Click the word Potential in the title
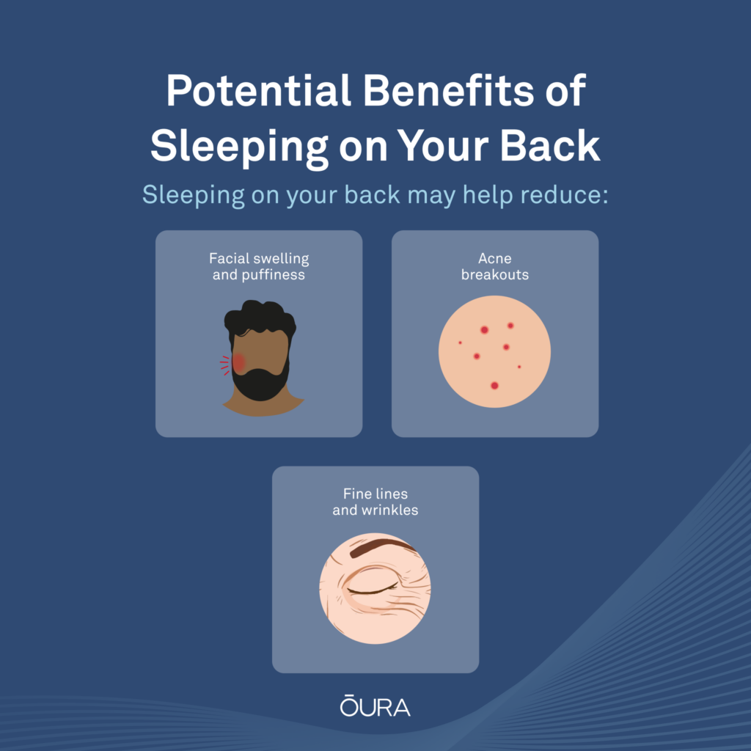point(259,90)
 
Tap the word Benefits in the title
point(449,90)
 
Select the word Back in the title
point(550,146)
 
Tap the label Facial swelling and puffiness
point(259,266)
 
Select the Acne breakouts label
point(495,266)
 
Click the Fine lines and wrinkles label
point(375,502)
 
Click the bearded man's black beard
point(260,383)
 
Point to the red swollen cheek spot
point(238,363)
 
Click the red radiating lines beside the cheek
point(225,365)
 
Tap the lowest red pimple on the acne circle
point(495,386)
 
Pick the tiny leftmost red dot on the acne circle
point(461,343)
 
